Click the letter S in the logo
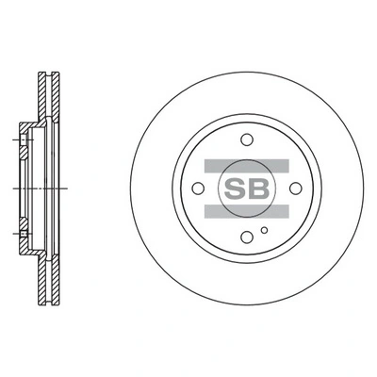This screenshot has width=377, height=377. tap(235, 188)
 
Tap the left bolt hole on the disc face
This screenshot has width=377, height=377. tap(196, 188)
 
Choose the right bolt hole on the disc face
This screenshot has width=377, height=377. tap(294, 188)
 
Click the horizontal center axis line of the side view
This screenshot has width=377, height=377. tap(28, 188)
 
